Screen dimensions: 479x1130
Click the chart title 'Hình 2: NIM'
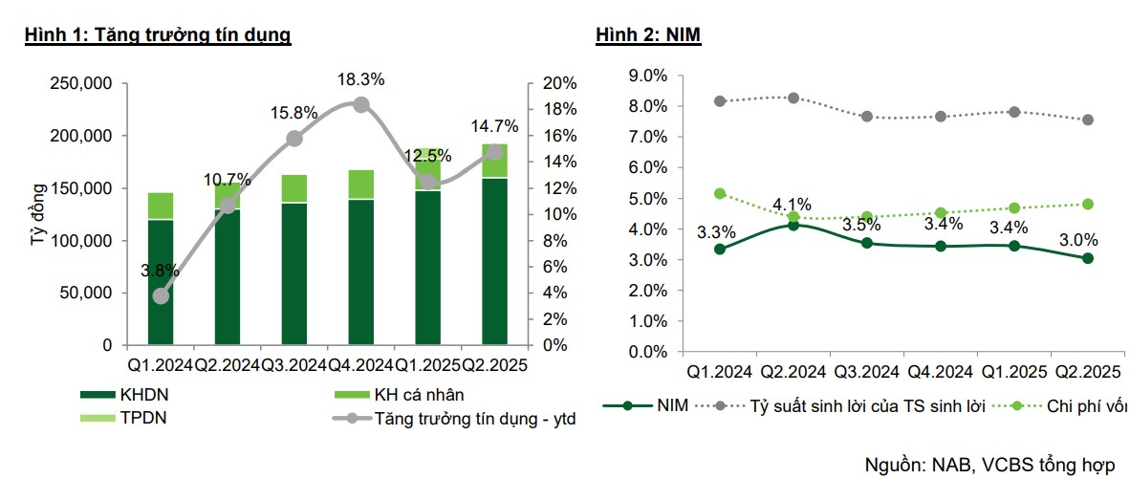coord(650,35)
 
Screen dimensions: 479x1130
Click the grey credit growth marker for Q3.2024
coord(294,139)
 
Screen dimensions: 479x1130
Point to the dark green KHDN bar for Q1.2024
coord(161,281)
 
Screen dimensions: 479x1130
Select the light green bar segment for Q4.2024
coord(361,184)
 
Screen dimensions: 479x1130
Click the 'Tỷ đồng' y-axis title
coord(38,215)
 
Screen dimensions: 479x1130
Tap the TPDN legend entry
coord(143,418)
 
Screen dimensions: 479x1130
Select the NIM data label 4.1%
coord(792,204)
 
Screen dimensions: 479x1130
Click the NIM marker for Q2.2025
coord(1088,258)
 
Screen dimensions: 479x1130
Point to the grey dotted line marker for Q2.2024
coord(793,98)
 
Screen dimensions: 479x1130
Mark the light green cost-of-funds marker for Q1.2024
coord(720,193)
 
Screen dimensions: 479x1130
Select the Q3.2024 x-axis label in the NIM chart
coord(867,371)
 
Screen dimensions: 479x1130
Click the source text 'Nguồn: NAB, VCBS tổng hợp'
coord(989,465)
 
